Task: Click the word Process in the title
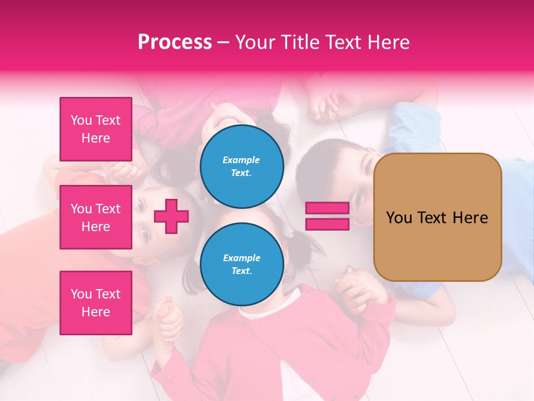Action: click(175, 42)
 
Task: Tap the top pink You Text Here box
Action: click(96, 129)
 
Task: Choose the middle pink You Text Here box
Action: click(96, 217)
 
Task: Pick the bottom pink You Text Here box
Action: click(96, 303)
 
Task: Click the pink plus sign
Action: click(171, 216)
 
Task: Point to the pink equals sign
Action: click(327, 216)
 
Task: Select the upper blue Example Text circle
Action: click(241, 166)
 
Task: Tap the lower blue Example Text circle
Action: click(241, 264)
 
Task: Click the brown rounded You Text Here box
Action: click(437, 217)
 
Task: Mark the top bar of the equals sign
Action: click(327, 208)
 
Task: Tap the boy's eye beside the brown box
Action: click(367, 166)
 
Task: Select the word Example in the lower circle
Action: click(241, 258)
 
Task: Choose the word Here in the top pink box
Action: click(96, 138)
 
